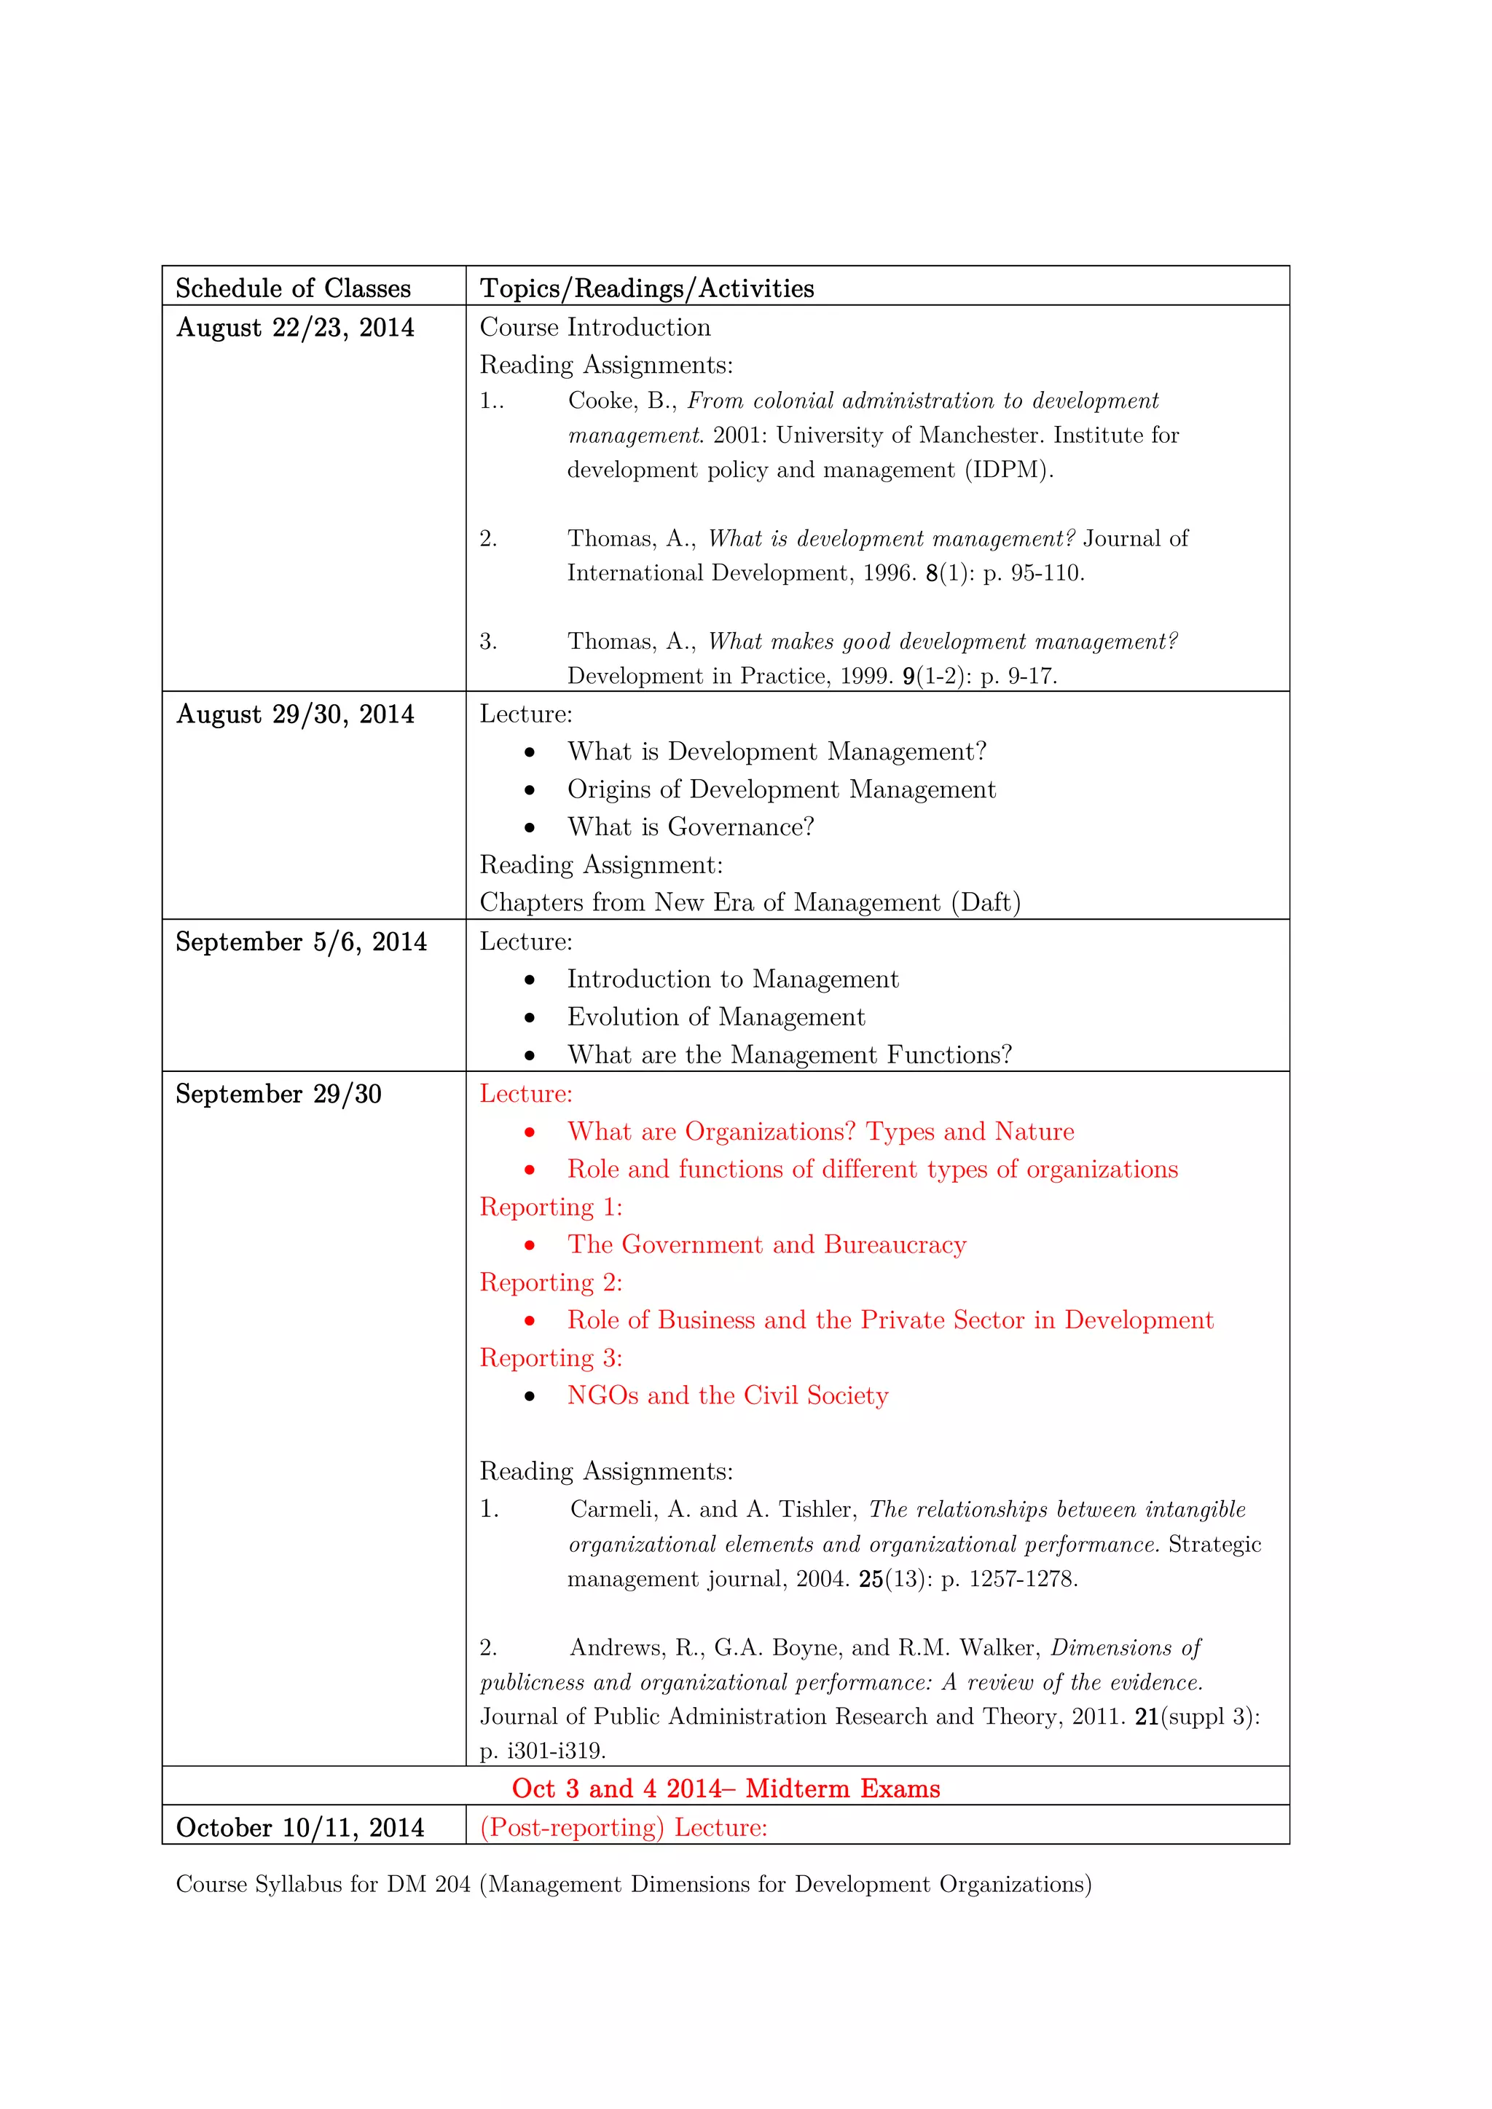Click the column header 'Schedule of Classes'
pyautogui.click(x=293, y=288)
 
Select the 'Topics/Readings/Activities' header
pyautogui.click(x=647, y=288)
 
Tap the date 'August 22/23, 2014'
pyautogui.click(x=295, y=328)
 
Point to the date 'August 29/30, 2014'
pyautogui.click(x=295, y=714)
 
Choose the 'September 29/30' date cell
pyautogui.click(x=278, y=1094)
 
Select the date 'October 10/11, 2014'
pyautogui.click(x=299, y=1828)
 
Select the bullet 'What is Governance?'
pyautogui.click(x=690, y=827)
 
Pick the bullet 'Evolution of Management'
pyautogui.click(x=715, y=1017)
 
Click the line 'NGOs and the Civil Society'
pyautogui.click(x=728, y=1395)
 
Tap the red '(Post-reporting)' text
pyautogui.click(x=571, y=1828)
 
